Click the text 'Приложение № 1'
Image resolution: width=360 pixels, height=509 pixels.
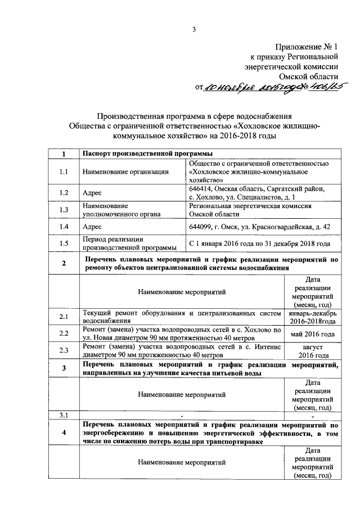point(306,47)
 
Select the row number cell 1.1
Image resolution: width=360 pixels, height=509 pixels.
point(64,172)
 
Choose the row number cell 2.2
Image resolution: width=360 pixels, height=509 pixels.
point(64,334)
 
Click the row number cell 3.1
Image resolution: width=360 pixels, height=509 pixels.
point(64,415)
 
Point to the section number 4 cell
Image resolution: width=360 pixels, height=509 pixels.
point(64,433)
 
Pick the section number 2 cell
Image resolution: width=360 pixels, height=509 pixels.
point(64,263)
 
